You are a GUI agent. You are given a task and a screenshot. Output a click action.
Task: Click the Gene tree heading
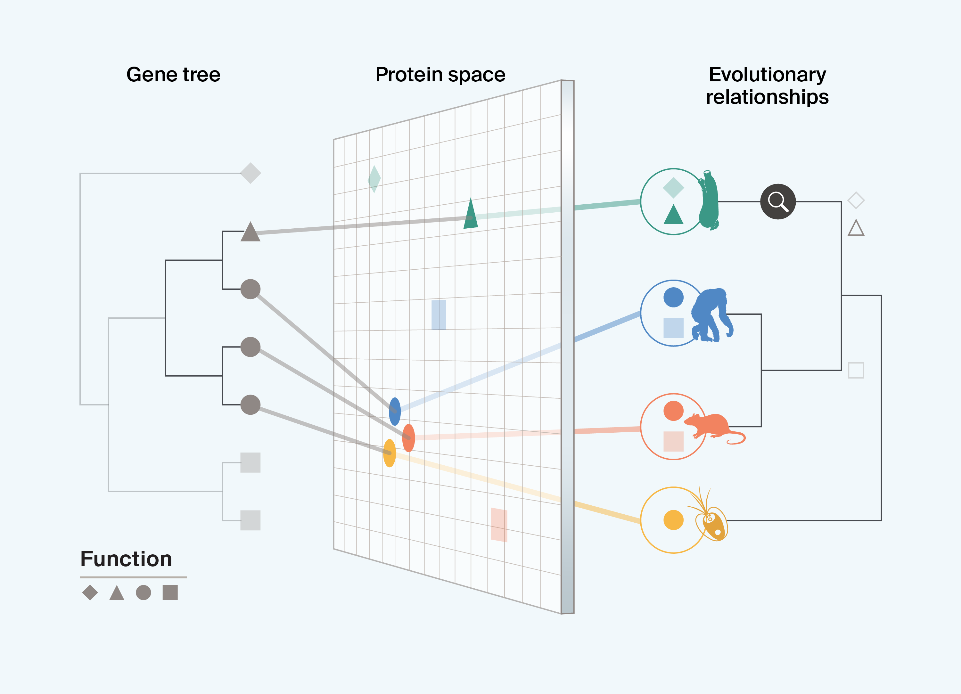point(173,75)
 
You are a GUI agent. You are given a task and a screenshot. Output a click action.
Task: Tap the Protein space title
point(440,75)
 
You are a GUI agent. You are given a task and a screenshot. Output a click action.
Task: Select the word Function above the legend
point(126,559)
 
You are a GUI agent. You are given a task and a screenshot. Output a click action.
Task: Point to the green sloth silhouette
point(709,201)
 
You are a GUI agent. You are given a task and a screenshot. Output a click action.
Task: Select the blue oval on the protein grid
point(394,412)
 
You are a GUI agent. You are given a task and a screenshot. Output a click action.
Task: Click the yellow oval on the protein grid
point(389,453)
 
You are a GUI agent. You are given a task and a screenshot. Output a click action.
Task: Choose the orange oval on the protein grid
point(408,438)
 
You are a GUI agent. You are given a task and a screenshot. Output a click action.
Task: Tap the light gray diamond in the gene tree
point(251,173)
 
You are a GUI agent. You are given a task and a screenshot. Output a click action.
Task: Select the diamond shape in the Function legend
point(90,592)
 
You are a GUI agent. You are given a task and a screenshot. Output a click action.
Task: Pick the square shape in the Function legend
point(170,592)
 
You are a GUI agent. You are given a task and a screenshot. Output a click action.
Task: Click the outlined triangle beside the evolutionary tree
point(856,229)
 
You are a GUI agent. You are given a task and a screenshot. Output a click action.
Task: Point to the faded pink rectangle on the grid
point(499,525)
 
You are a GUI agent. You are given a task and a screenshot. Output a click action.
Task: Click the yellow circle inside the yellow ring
point(673,520)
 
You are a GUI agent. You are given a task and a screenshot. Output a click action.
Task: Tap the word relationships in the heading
point(767,97)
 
